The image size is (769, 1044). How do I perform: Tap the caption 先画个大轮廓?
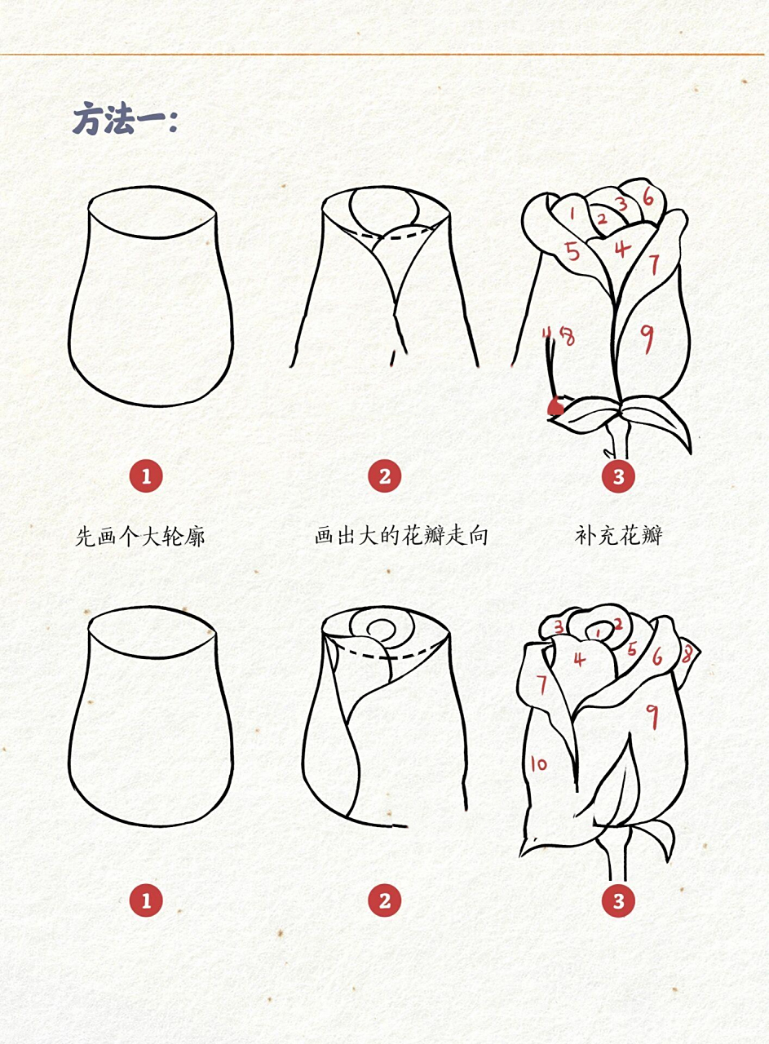pyautogui.click(x=140, y=536)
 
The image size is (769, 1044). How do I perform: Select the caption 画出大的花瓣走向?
pyautogui.click(x=401, y=536)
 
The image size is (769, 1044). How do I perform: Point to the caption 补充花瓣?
pyautogui.click(x=618, y=536)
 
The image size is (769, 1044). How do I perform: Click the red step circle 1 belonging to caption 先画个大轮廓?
pyautogui.click(x=146, y=476)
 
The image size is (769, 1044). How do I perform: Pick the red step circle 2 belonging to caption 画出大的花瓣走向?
pyautogui.click(x=385, y=476)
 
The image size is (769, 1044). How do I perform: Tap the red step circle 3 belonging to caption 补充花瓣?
pyautogui.click(x=618, y=476)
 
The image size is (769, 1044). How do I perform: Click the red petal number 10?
pyautogui.click(x=538, y=764)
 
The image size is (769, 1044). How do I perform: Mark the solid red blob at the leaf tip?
pyautogui.click(x=556, y=405)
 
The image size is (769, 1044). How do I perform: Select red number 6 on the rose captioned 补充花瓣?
pyautogui.click(x=648, y=196)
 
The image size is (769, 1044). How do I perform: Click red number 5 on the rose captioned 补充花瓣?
pyautogui.click(x=573, y=250)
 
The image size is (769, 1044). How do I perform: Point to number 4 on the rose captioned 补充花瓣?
pyautogui.click(x=622, y=248)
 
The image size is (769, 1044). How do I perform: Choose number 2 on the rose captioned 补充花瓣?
pyautogui.click(x=602, y=219)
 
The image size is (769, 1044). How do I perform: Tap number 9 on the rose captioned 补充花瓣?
pyautogui.click(x=646, y=338)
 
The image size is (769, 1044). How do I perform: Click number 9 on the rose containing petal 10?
pyautogui.click(x=652, y=715)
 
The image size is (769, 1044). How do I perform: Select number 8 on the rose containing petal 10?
pyautogui.click(x=687, y=653)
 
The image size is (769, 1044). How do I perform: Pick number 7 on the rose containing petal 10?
pyautogui.click(x=541, y=683)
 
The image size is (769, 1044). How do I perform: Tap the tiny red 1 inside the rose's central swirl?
pyautogui.click(x=599, y=630)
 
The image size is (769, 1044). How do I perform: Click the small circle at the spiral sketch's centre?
pyautogui.click(x=381, y=630)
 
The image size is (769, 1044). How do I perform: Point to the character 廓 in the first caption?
pyautogui.click(x=194, y=536)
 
